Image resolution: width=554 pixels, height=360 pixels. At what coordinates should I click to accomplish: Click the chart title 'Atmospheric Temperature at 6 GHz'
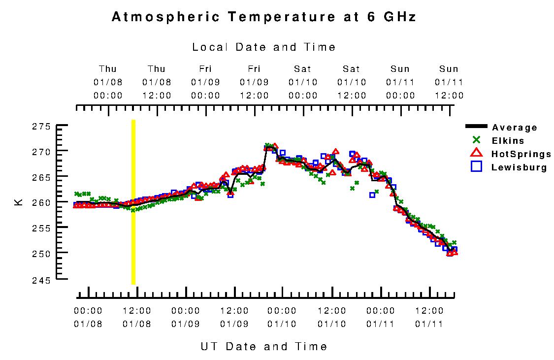(x=264, y=17)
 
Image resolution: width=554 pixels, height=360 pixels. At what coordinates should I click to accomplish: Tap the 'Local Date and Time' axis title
(x=264, y=47)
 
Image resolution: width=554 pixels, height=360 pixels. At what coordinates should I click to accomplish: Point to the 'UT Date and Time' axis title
(x=264, y=346)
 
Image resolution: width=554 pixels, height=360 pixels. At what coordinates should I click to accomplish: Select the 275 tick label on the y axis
(x=42, y=127)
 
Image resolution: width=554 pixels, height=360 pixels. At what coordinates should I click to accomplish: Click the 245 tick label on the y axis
(x=42, y=280)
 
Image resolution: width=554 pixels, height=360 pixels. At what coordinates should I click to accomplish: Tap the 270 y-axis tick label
(x=42, y=152)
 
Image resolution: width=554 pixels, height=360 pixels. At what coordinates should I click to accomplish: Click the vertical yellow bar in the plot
(x=133, y=202)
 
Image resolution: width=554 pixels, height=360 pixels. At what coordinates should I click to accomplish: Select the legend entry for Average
(x=515, y=128)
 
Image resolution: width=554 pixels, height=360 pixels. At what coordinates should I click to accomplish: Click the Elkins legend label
(x=508, y=141)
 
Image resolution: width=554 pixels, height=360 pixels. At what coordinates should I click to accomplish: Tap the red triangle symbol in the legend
(x=476, y=153)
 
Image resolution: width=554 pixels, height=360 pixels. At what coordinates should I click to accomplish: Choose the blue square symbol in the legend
(x=476, y=166)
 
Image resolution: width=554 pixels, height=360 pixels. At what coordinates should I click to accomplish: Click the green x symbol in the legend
(x=476, y=140)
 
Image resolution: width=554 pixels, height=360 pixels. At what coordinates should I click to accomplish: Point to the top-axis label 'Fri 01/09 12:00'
(x=254, y=82)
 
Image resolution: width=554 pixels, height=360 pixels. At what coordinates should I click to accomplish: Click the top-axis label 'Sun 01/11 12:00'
(x=449, y=82)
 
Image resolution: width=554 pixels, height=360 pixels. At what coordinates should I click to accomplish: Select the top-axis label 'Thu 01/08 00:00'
(x=108, y=82)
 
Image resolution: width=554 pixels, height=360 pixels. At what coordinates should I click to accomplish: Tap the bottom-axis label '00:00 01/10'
(x=282, y=318)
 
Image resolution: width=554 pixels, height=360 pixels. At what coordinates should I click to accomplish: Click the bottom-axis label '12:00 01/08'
(x=136, y=318)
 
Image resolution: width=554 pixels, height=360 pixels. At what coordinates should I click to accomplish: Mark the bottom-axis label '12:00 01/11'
(x=429, y=318)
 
